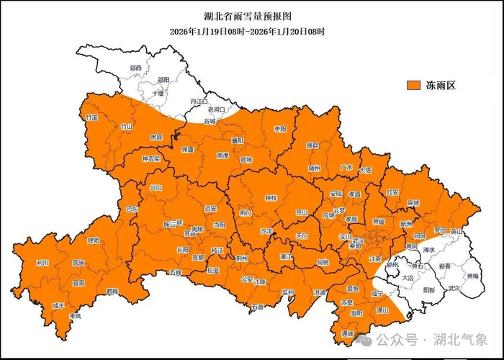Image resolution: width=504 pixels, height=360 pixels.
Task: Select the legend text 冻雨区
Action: pyautogui.click(x=440, y=86)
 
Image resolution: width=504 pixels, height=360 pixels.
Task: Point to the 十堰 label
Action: pyautogui.click(x=158, y=94)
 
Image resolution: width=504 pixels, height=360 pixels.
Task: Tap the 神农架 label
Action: pyautogui.click(x=150, y=158)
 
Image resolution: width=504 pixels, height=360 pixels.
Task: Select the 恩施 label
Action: pyautogui.click(x=78, y=263)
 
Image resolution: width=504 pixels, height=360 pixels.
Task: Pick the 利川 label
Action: pyautogui.click(x=42, y=263)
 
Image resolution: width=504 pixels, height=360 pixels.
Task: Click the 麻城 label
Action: pyautogui.click(x=413, y=204)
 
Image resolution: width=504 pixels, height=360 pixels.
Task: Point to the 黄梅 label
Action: pyautogui.click(x=472, y=276)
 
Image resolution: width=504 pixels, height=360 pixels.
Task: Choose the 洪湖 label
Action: pyautogui.click(x=319, y=292)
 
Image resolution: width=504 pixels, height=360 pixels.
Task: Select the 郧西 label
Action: pyautogui.click(x=135, y=68)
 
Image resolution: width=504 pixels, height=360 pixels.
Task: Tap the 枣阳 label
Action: pyautogui.click(x=279, y=128)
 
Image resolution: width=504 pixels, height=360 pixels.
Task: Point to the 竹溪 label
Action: pyautogui.click(x=91, y=117)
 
